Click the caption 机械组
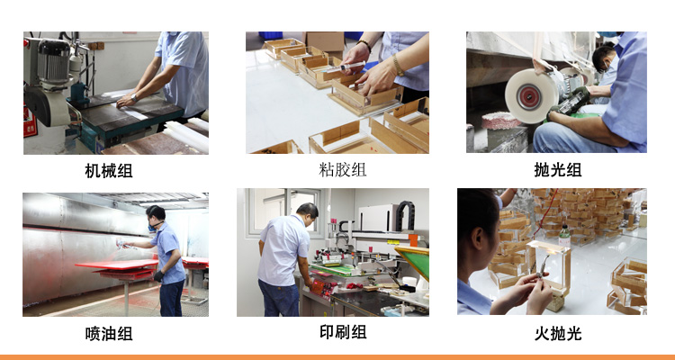[109, 170]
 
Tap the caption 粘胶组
[343, 169]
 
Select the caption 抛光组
[557, 170]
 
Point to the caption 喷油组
[109, 333]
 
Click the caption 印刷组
[343, 332]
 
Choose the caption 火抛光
[558, 333]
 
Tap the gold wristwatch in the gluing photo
[398, 65]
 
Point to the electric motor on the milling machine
[53, 60]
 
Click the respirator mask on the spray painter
[152, 226]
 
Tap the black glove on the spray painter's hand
[158, 276]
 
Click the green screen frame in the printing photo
[414, 261]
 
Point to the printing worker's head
[307, 213]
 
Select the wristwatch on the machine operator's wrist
[135, 98]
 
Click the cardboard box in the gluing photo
[324, 42]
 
